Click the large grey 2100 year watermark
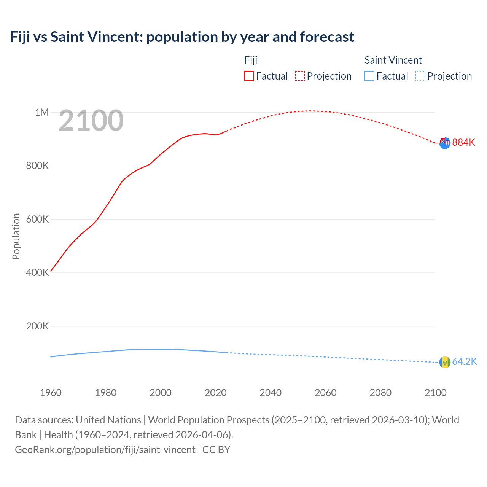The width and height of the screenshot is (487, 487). [x=91, y=121]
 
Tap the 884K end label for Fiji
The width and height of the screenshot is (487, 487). [x=463, y=142]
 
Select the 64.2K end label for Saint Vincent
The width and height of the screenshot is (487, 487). [x=464, y=361]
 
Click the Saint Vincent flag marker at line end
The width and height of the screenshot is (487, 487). [x=445, y=362]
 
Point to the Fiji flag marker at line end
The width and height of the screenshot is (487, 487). [x=445, y=143]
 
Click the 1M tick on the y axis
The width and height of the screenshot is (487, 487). [x=42, y=112]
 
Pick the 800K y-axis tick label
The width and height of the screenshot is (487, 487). [x=37, y=166]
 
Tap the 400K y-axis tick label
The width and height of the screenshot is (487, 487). [x=37, y=273]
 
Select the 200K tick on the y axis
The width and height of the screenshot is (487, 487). [x=37, y=326]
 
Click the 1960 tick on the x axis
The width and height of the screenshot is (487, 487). [x=51, y=393]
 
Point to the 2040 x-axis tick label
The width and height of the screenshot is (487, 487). [x=271, y=393]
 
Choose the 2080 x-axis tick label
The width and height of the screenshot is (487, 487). [x=380, y=393]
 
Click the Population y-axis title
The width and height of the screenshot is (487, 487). [x=16, y=236]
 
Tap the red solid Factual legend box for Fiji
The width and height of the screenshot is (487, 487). [x=249, y=76]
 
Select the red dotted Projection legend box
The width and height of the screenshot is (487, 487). [x=300, y=76]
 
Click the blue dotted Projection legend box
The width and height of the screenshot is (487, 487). [x=420, y=76]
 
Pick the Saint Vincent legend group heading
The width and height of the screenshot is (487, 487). [x=393, y=60]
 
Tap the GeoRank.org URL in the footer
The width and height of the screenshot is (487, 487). [x=105, y=449]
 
